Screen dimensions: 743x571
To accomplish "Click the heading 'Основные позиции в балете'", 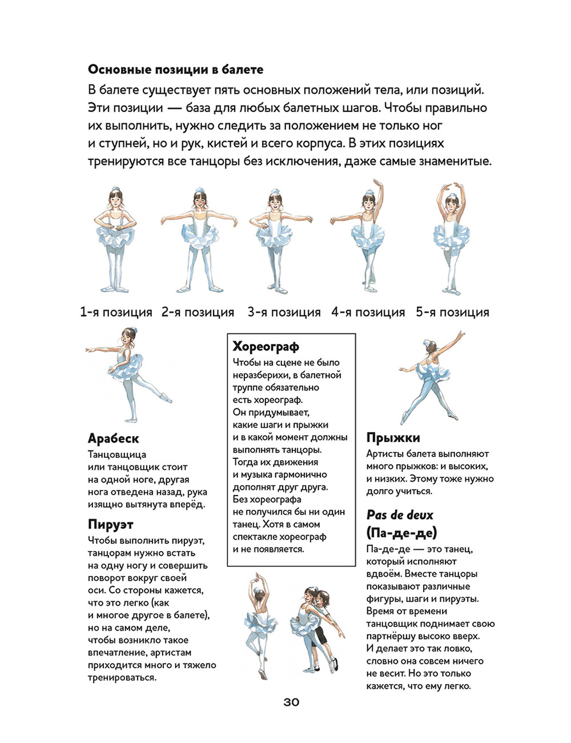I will click(x=175, y=70).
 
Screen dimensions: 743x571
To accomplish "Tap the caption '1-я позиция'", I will click(x=116, y=312).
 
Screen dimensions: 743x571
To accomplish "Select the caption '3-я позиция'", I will click(x=284, y=312).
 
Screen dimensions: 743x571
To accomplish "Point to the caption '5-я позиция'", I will click(x=452, y=312).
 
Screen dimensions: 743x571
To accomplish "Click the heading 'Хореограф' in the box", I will click(x=266, y=346).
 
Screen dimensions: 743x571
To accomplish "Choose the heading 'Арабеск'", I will click(x=113, y=438).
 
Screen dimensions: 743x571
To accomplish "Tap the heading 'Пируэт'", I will click(x=111, y=524).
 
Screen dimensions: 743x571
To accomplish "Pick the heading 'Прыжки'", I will click(x=393, y=438).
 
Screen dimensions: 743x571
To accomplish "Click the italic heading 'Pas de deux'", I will click(x=400, y=514).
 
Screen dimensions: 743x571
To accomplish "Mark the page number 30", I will click(x=291, y=702).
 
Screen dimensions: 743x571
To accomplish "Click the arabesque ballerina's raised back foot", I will click(x=166, y=398).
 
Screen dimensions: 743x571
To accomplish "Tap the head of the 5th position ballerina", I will click(x=452, y=203).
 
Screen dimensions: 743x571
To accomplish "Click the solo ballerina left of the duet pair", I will click(x=260, y=623).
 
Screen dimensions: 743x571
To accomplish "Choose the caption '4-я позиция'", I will click(x=368, y=312).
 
